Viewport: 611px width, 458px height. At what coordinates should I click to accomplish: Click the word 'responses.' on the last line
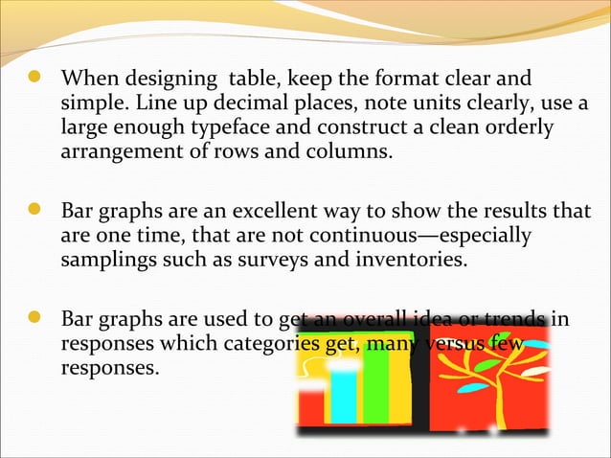pos(108,366)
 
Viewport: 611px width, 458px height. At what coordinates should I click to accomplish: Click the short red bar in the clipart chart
pos(311,406)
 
